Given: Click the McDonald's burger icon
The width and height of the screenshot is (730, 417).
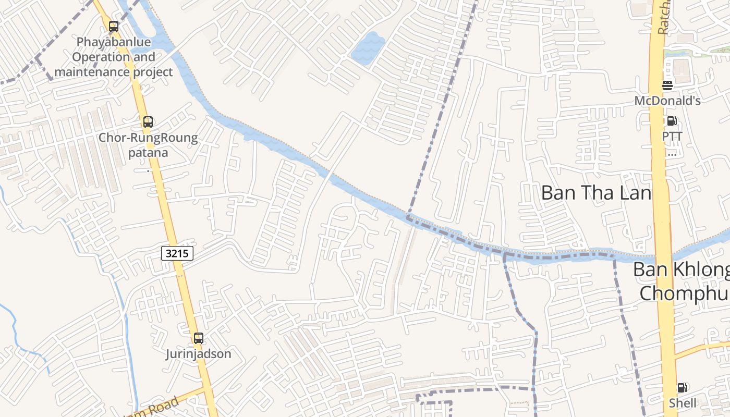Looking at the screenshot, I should [667, 85].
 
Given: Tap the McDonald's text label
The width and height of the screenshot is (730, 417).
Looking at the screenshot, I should [667, 101].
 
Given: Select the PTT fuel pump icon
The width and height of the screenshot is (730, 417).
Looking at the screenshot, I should [672, 121].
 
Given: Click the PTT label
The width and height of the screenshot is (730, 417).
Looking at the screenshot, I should [672, 136].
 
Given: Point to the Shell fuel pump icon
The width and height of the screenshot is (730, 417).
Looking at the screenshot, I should [682, 388].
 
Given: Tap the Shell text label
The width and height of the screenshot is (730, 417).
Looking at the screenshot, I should [683, 403].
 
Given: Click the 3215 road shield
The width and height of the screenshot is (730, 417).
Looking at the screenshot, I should [177, 254].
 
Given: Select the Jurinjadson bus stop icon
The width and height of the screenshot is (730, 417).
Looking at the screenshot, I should [198, 338].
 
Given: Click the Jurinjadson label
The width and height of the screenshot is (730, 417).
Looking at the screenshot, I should [198, 354].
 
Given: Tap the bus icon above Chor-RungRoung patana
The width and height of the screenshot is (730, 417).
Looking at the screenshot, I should [148, 122].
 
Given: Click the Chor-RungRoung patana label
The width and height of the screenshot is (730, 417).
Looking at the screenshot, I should [149, 145].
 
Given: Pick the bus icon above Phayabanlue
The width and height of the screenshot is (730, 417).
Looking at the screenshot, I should [114, 27].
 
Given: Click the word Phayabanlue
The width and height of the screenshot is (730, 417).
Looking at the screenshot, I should [113, 42].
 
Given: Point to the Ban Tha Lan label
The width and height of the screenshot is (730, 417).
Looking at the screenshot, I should [596, 193].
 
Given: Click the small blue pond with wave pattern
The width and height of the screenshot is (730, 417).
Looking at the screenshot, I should [368, 48].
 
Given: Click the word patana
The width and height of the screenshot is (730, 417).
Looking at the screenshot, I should [149, 153].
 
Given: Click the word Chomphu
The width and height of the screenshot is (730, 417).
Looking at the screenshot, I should [684, 293].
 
